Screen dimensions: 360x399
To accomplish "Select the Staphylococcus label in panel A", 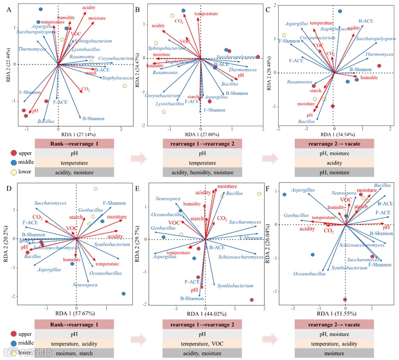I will click(118, 78).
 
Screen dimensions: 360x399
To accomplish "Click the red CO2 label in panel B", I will click(179, 21).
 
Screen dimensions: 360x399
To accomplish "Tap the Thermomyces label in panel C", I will click(379, 54).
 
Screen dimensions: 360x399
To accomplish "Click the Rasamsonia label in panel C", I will click(299, 82).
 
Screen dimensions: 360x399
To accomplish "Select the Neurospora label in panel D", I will click(84, 284).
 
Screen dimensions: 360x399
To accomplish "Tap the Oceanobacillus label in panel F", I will click(310, 274).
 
